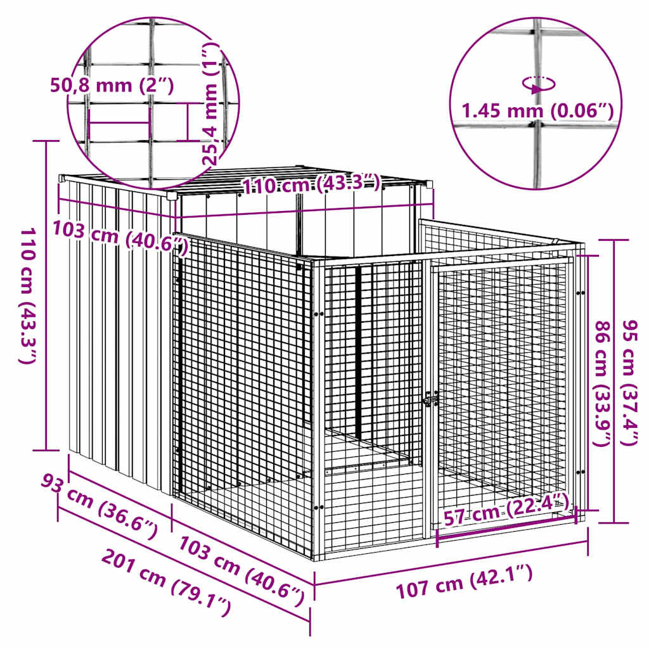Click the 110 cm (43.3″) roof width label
pos(311,185)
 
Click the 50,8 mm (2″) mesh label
pos(112,85)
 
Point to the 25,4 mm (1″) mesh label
pos(212,105)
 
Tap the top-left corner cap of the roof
pos(63,179)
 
